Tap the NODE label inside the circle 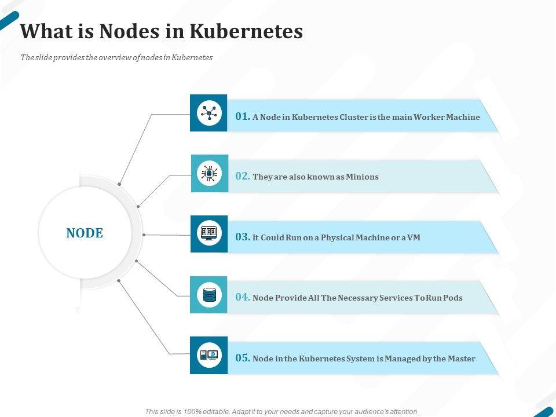[x=85, y=233]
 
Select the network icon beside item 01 [x=209, y=113]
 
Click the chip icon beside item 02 [x=209, y=173]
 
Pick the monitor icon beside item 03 [x=209, y=233]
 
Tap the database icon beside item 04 [x=209, y=295]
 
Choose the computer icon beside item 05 [x=209, y=355]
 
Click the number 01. [x=243, y=116]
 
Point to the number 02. [x=243, y=176]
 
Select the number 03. [x=243, y=237]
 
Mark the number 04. [x=243, y=297]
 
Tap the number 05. [x=243, y=358]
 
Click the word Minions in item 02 [x=362, y=177]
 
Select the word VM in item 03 [x=414, y=237]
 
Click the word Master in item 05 [x=462, y=359]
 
